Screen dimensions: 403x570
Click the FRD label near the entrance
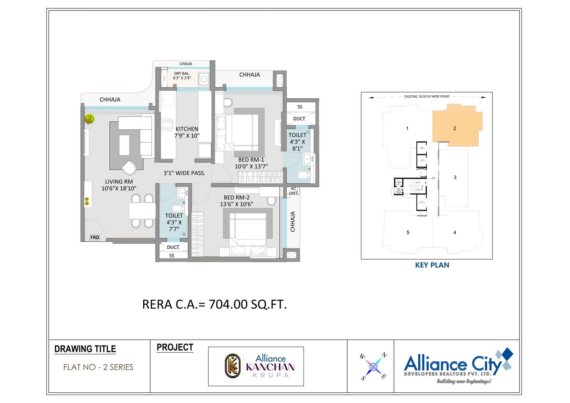(95, 237)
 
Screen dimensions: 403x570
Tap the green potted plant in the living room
(89, 119)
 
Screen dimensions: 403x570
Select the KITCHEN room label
(187, 129)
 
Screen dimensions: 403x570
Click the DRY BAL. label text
(182, 74)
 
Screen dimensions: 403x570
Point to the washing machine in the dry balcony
(204, 79)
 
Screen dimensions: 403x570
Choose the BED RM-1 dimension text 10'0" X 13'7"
(251, 167)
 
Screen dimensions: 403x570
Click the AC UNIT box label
(293, 191)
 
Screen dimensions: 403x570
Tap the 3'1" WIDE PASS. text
(184, 173)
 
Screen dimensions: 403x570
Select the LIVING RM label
(119, 181)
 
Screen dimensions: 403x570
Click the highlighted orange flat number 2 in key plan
(455, 128)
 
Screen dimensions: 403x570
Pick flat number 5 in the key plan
(408, 233)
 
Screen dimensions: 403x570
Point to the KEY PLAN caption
(432, 265)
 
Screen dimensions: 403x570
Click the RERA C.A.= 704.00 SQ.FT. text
(214, 304)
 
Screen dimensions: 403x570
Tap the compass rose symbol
(373, 367)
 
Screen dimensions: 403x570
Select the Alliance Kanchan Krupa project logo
(256, 366)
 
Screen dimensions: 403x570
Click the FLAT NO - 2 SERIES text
(98, 367)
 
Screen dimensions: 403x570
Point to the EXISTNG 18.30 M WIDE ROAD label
(427, 97)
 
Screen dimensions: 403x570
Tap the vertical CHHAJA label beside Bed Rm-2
(293, 222)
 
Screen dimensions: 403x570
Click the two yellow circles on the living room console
(87, 201)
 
